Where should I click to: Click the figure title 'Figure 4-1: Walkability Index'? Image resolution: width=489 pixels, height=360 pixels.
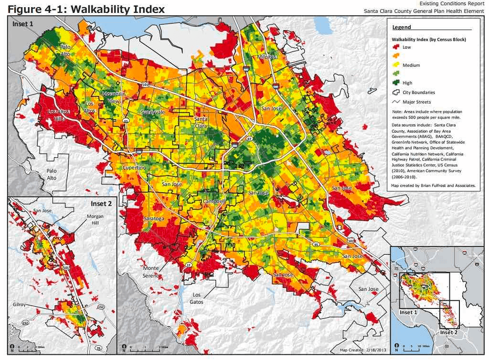pyautogui.click(x=86, y=9)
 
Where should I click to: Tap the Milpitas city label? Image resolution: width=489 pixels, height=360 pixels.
pyautogui.click(x=267, y=57)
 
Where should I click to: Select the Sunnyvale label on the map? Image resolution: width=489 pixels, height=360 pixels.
pyautogui.click(x=152, y=112)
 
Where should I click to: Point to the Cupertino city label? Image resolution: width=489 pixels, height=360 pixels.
pyautogui.click(x=134, y=168)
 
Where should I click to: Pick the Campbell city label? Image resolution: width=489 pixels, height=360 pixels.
pyautogui.click(x=213, y=202)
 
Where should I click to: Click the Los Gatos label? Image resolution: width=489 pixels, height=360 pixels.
pyautogui.click(x=196, y=298)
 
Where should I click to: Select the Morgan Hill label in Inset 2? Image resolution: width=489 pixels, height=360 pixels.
pyautogui.click(x=95, y=220)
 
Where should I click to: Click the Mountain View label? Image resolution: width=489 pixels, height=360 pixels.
pyautogui.click(x=114, y=97)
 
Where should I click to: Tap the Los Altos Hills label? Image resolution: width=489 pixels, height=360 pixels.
pyautogui.click(x=60, y=115)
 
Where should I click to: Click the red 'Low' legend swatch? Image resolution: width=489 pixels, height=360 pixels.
pyautogui.click(x=396, y=47)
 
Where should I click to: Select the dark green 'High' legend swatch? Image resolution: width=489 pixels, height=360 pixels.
pyautogui.click(x=396, y=83)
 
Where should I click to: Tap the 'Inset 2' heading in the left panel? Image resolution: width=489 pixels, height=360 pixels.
pyautogui.click(x=101, y=204)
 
